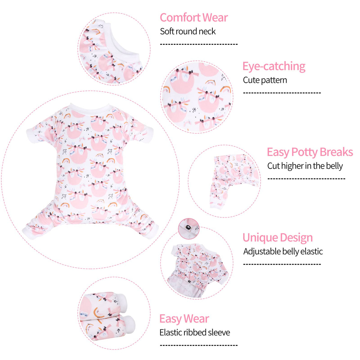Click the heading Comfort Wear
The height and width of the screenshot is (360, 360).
pyautogui.click(x=194, y=18)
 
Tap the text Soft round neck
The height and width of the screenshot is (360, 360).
pyautogui.click(x=188, y=31)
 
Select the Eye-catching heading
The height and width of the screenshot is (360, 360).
pyautogui.click(x=274, y=67)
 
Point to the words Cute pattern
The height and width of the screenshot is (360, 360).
pyautogui.click(x=265, y=80)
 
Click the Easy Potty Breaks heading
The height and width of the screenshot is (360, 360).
pyautogui.click(x=310, y=152)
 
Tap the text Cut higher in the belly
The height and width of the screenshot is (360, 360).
pyautogui.click(x=305, y=166)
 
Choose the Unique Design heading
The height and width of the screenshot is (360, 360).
pyautogui.click(x=277, y=238)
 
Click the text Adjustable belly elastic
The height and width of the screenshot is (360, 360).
pyautogui.click(x=283, y=251)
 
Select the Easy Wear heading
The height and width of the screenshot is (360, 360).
pyautogui.click(x=184, y=319)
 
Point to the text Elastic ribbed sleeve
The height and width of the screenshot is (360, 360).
pyautogui.click(x=195, y=332)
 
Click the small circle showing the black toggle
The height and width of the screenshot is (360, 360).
pyautogui.click(x=189, y=229)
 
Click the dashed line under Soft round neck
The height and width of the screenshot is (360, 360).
pyautogui.click(x=199, y=44)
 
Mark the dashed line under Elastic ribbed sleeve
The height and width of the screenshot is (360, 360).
pyautogui.click(x=199, y=345)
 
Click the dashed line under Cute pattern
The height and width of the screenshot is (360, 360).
pyautogui.click(x=282, y=93)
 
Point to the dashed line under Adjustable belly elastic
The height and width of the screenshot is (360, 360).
pyautogui.click(x=282, y=264)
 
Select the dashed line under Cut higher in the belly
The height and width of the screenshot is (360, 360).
pyautogui.click(x=306, y=179)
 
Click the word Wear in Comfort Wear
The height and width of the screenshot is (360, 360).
pyautogui.click(x=215, y=18)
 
